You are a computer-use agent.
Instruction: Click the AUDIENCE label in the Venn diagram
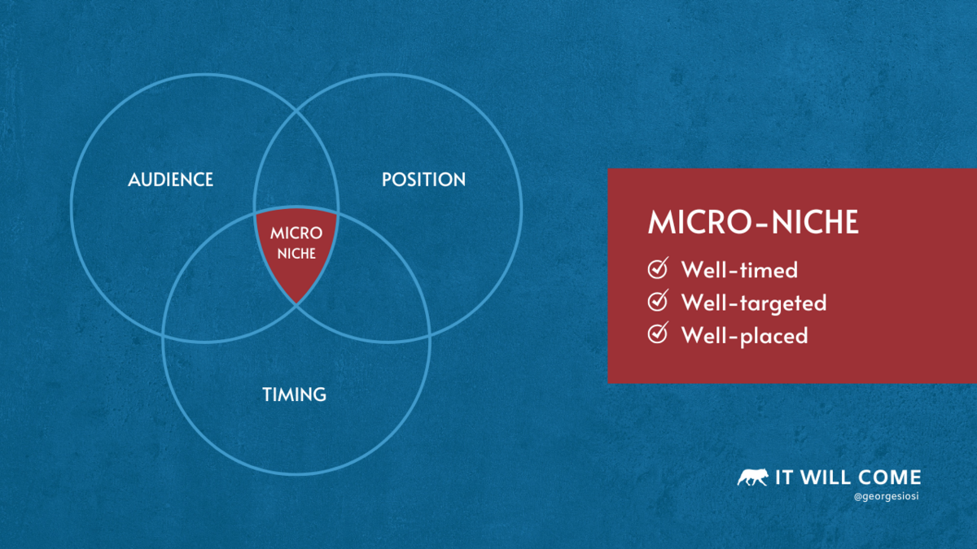(170, 180)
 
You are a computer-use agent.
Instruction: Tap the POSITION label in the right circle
(423, 180)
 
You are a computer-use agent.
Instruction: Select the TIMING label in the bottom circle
(295, 394)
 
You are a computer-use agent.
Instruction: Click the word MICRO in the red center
(296, 233)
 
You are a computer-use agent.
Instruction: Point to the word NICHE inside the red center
(296, 253)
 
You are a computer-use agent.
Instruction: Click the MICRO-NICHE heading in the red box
(753, 222)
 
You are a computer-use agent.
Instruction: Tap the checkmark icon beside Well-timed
(658, 268)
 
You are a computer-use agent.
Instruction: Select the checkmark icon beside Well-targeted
(658, 301)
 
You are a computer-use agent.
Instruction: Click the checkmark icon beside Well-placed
(658, 333)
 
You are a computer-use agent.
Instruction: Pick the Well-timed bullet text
(740, 270)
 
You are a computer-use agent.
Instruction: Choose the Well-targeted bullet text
(754, 303)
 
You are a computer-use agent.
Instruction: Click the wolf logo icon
(753, 477)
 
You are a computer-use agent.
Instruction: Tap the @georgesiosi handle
(887, 496)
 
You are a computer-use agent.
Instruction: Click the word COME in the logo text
(890, 477)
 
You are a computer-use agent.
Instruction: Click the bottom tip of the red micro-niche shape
(296, 303)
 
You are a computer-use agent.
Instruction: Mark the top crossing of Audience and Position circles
(296, 111)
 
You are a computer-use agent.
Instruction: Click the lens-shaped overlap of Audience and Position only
(296, 166)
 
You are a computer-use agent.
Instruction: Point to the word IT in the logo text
(783, 477)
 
